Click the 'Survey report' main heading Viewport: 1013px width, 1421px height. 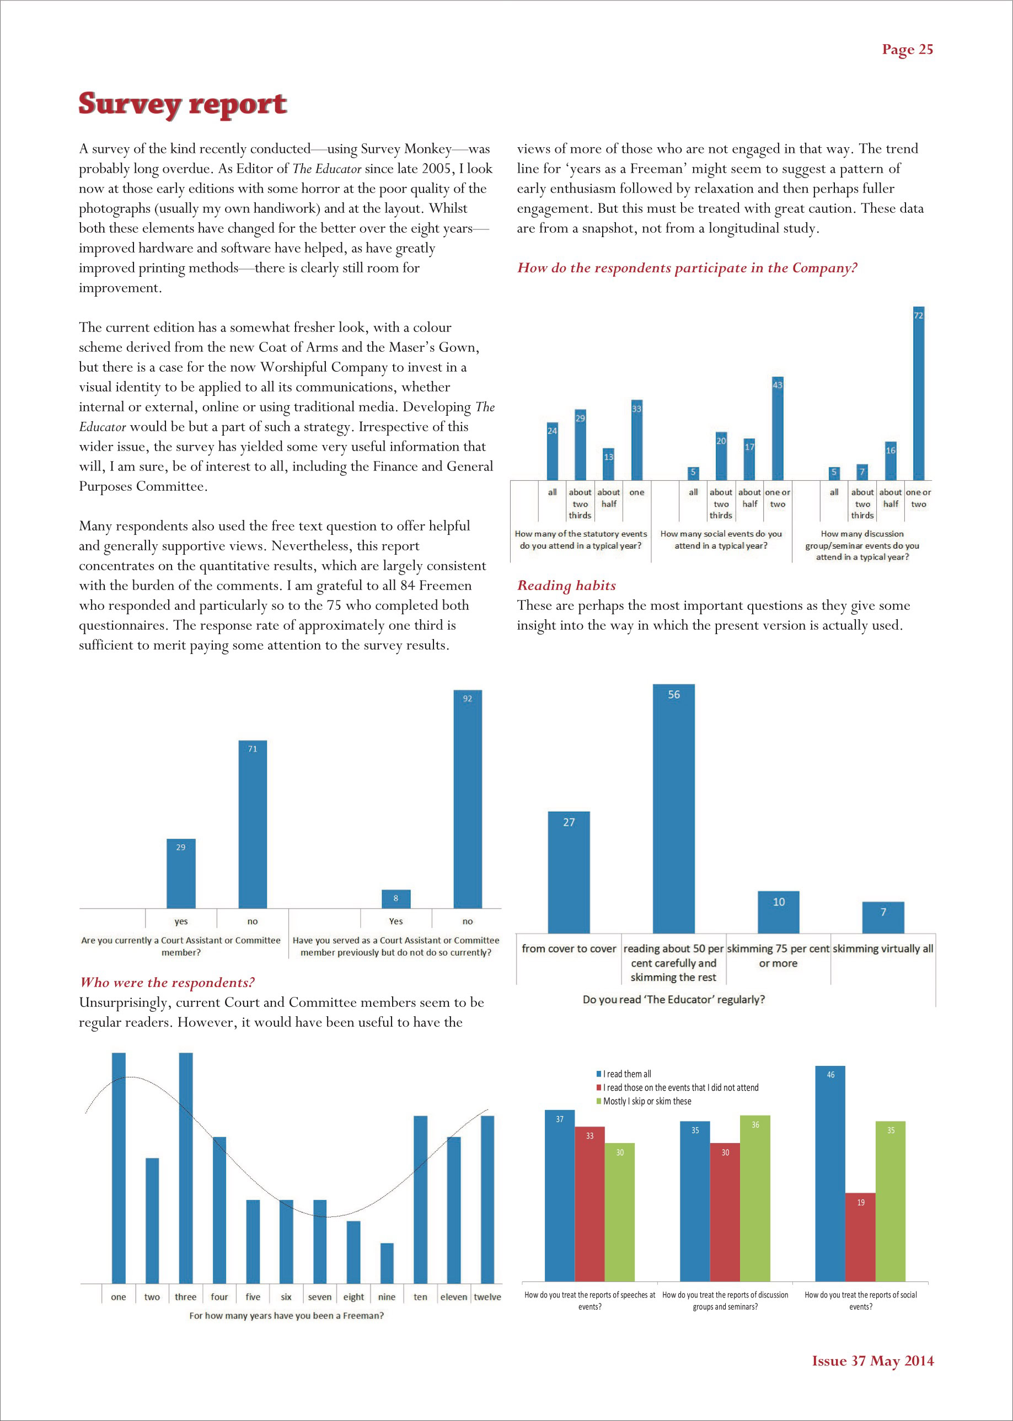click(182, 104)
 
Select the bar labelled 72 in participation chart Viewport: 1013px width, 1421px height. click(918, 393)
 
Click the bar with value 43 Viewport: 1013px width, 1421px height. click(777, 428)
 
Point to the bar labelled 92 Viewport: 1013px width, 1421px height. click(467, 798)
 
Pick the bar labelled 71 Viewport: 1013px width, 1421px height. click(253, 823)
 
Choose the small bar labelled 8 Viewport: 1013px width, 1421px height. click(395, 899)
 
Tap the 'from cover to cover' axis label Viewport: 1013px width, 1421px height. click(568, 948)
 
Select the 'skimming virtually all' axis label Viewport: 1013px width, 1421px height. click(883, 948)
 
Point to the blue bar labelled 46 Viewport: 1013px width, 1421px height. click(830, 1173)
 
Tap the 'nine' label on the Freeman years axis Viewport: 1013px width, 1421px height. click(387, 1297)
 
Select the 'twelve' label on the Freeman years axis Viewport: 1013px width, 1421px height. click(487, 1297)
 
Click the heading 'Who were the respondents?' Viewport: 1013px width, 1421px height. click(167, 983)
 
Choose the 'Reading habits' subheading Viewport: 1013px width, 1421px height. click(566, 585)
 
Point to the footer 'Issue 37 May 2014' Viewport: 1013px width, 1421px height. click(872, 1360)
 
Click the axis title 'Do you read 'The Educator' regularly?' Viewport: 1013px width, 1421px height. click(673, 999)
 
